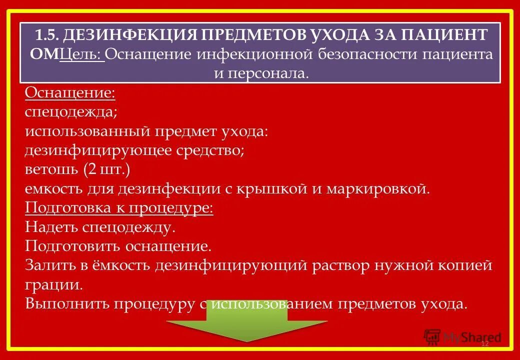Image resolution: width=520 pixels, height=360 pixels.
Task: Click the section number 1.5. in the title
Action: click(47, 35)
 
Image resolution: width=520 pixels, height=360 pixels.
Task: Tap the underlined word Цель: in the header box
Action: click(81, 54)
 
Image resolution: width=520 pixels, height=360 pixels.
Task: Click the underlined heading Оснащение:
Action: click(70, 92)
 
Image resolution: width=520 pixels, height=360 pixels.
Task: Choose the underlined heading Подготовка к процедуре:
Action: click(119, 207)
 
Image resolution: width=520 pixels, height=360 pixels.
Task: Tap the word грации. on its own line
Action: click(53, 284)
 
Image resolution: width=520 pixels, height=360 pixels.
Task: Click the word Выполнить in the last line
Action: click(66, 303)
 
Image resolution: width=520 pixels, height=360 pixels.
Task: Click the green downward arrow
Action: click(247, 321)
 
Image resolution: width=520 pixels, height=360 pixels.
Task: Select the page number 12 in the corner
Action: click(484, 344)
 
